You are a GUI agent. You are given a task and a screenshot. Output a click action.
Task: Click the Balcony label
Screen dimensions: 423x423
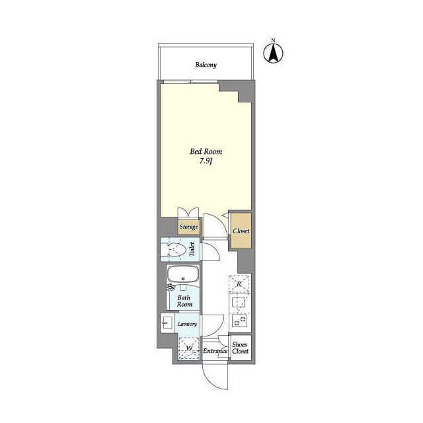coord(206,65)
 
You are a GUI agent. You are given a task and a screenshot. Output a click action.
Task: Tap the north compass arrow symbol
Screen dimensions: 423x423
coord(273,53)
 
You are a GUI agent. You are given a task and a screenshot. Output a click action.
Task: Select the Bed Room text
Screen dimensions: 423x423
coord(206,151)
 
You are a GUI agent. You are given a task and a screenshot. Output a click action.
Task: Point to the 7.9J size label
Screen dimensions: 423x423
coord(206,161)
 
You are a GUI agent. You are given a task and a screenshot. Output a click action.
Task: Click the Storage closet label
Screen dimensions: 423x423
coord(188,227)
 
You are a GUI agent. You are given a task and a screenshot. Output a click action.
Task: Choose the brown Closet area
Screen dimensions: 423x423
coord(241,231)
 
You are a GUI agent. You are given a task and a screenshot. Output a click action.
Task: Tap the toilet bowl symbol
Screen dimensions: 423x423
coord(176,250)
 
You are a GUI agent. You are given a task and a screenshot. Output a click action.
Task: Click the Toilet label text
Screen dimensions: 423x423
coord(192,249)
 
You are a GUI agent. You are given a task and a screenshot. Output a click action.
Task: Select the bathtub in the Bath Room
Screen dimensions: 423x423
coord(183,274)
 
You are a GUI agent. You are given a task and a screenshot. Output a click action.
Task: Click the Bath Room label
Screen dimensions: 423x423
coord(184,301)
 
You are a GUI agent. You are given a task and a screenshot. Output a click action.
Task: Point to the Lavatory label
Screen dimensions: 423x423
coord(187,324)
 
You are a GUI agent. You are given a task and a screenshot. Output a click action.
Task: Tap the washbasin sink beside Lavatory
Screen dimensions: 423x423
coord(167,323)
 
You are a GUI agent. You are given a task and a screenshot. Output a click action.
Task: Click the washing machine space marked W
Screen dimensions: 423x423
coord(189,348)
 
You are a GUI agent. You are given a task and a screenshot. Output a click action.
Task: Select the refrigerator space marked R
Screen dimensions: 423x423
coord(239,284)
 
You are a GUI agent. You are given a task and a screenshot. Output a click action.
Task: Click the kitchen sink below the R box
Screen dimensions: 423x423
coord(238,302)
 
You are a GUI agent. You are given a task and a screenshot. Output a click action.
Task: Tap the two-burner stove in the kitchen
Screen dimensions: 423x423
coord(239,321)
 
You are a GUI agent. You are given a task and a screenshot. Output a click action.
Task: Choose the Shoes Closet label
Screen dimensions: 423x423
coord(240,348)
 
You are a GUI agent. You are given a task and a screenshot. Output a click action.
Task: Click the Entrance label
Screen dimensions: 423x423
coord(215,351)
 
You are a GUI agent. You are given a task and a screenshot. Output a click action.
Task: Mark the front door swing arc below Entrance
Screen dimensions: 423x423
coord(212,381)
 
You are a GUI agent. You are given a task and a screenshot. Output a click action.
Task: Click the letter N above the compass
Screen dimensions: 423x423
coord(273,40)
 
